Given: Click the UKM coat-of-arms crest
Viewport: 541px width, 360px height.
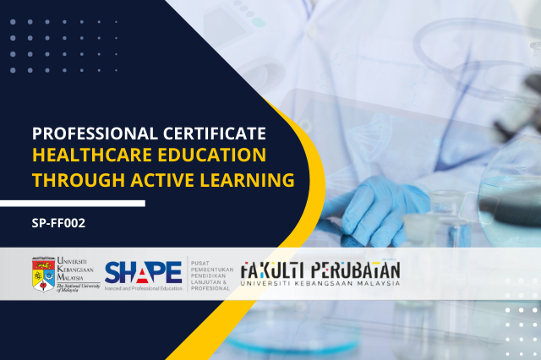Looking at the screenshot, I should [x=43, y=272].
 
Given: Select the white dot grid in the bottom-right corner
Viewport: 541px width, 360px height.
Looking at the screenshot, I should [x=516, y=330].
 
